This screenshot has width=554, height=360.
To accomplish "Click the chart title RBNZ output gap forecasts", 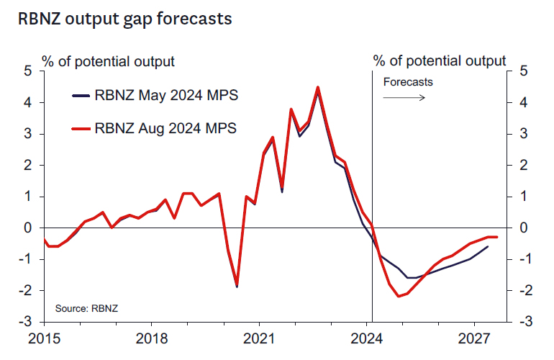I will coord(125,19).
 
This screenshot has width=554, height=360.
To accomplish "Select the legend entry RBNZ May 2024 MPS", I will coord(165,96).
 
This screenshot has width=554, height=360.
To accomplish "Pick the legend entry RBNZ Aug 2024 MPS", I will coord(165,129).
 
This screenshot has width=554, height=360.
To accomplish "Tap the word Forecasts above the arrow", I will coord(408,81).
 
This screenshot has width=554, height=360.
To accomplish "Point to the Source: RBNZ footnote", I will coord(87,308).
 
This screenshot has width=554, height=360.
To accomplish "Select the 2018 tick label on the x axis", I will coord(151,336).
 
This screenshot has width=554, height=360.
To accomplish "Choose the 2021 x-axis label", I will coord(259,336).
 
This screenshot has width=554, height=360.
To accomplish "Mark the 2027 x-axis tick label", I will coord(473,336).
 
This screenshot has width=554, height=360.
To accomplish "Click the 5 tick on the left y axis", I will coord(27,71).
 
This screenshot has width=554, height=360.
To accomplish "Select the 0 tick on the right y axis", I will coord(523,228).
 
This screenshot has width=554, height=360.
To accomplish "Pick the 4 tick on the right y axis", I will coord(523,102).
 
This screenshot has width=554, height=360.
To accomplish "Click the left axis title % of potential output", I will coord(108,60).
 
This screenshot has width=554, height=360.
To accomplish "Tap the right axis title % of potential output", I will coord(439,60).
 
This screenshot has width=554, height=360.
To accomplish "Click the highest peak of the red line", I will coord(317,87).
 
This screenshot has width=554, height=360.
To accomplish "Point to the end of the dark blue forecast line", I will coord(489,246).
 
